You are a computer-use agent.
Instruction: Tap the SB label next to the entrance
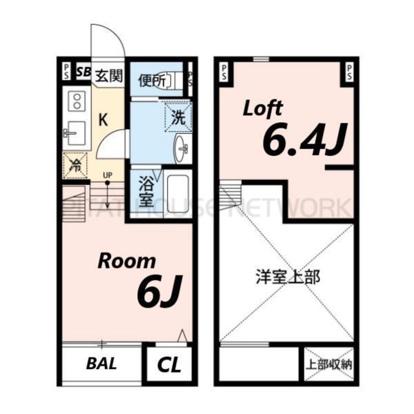tap(83, 71)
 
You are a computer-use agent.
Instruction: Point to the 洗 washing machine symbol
tap(178, 117)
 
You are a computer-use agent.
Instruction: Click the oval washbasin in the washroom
tap(181, 147)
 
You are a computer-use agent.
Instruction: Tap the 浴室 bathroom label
tap(146, 192)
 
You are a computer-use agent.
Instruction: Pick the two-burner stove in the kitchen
tap(75, 103)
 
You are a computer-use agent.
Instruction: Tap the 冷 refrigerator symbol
tap(75, 165)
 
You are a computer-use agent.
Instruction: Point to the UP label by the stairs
tap(107, 175)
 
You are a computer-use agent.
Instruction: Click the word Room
tap(126, 261)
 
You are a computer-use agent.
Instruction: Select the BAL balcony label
tap(101, 364)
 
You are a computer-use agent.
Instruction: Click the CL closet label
tap(169, 364)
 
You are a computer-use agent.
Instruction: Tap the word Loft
tap(264, 108)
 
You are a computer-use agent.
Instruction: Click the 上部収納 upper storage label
tap(328, 364)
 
